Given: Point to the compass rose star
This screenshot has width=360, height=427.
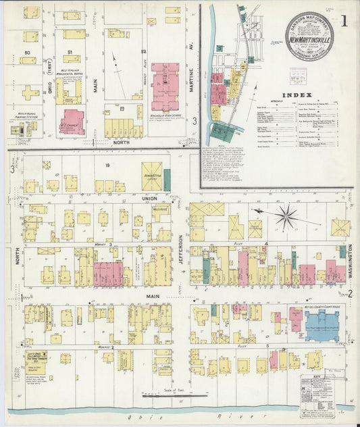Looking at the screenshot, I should [287, 217].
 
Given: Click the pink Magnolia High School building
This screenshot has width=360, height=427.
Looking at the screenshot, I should [165, 86].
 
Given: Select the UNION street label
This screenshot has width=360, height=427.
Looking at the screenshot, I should [149, 198].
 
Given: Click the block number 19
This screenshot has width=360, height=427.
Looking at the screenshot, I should [107, 164].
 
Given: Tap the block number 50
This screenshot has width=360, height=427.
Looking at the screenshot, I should [28, 51].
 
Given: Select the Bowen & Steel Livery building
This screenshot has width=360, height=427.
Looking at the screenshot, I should [151, 176].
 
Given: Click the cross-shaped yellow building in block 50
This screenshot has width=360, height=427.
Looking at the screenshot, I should [30, 93].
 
